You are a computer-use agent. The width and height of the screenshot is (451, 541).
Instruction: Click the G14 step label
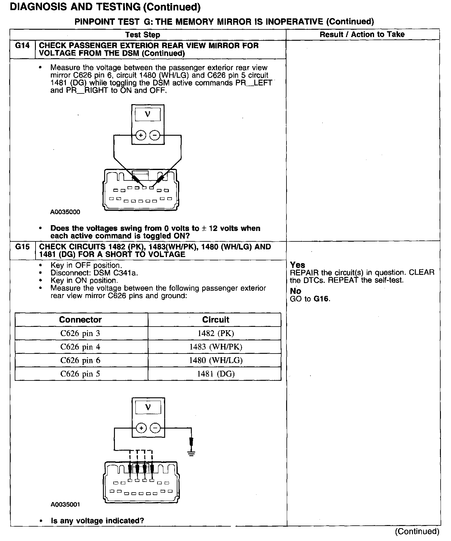(22, 46)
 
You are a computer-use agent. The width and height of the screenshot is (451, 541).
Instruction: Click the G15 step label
(22, 247)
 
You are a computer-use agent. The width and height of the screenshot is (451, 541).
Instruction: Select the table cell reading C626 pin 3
(80, 333)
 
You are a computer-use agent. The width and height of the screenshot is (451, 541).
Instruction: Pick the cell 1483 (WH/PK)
(215, 347)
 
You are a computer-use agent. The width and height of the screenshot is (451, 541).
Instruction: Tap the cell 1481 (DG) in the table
(215, 374)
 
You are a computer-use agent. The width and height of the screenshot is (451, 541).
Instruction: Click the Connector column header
(80, 320)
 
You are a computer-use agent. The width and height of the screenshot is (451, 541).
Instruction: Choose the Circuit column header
(215, 320)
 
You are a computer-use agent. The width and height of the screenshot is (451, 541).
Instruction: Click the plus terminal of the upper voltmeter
(141, 135)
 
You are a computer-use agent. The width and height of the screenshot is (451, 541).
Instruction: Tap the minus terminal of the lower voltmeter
(155, 428)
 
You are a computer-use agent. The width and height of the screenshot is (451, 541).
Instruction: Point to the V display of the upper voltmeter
(148, 115)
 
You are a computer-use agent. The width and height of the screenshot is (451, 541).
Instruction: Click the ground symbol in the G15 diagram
(191, 453)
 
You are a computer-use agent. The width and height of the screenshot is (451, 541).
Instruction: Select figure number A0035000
(65, 212)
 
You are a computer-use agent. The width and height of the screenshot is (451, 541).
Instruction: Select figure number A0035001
(65, 505)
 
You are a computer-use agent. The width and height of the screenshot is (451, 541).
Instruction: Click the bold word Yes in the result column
(298, 265)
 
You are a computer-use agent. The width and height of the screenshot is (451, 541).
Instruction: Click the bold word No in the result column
(296, 291)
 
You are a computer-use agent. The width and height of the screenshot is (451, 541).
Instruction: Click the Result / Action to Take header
(362, 35)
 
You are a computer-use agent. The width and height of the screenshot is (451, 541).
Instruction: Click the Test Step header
(143, 35)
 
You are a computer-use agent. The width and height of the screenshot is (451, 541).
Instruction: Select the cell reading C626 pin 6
(80, 360)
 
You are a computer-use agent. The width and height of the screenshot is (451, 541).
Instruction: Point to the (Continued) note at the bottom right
(417, 532)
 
